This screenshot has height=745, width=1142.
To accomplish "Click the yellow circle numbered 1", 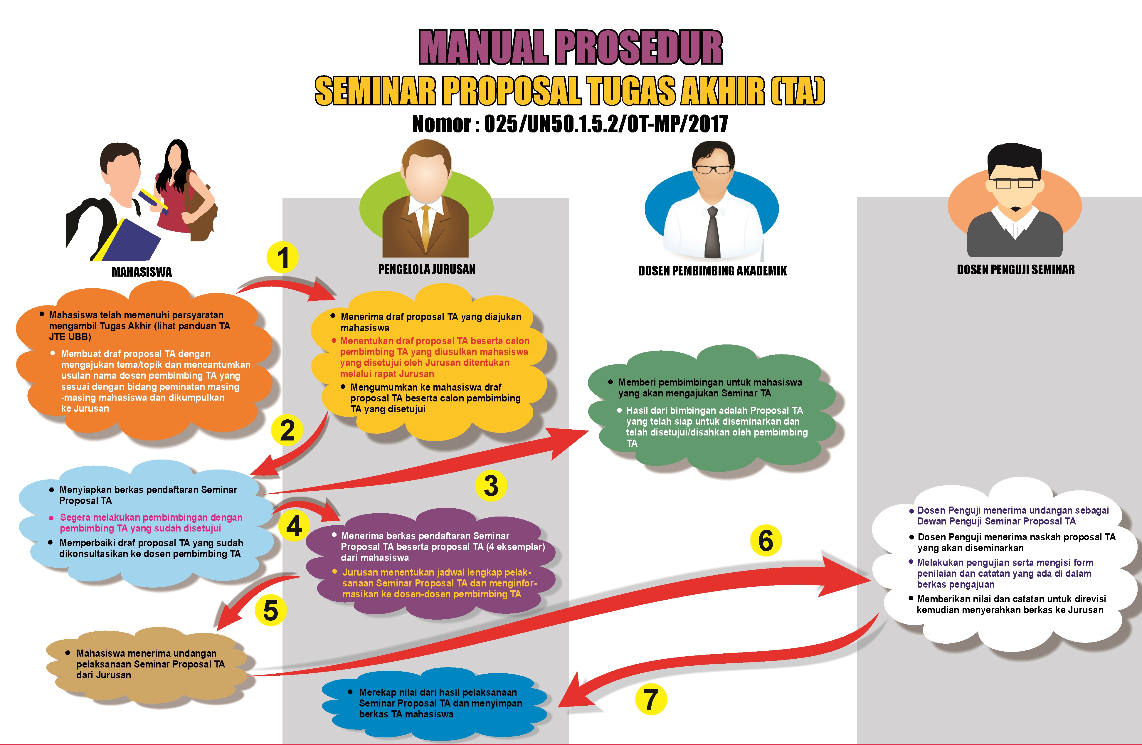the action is [282, 257].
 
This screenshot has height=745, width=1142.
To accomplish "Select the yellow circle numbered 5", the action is [271, 610].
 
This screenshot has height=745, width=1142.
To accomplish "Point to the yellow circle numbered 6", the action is [766, 541].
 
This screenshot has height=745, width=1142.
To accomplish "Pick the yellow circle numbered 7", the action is [651, 699].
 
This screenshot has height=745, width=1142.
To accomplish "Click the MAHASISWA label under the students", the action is [142, 272].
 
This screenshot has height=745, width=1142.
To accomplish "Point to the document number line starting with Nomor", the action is [570, 124].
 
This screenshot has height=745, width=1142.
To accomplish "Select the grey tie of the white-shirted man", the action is [713, 232].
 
